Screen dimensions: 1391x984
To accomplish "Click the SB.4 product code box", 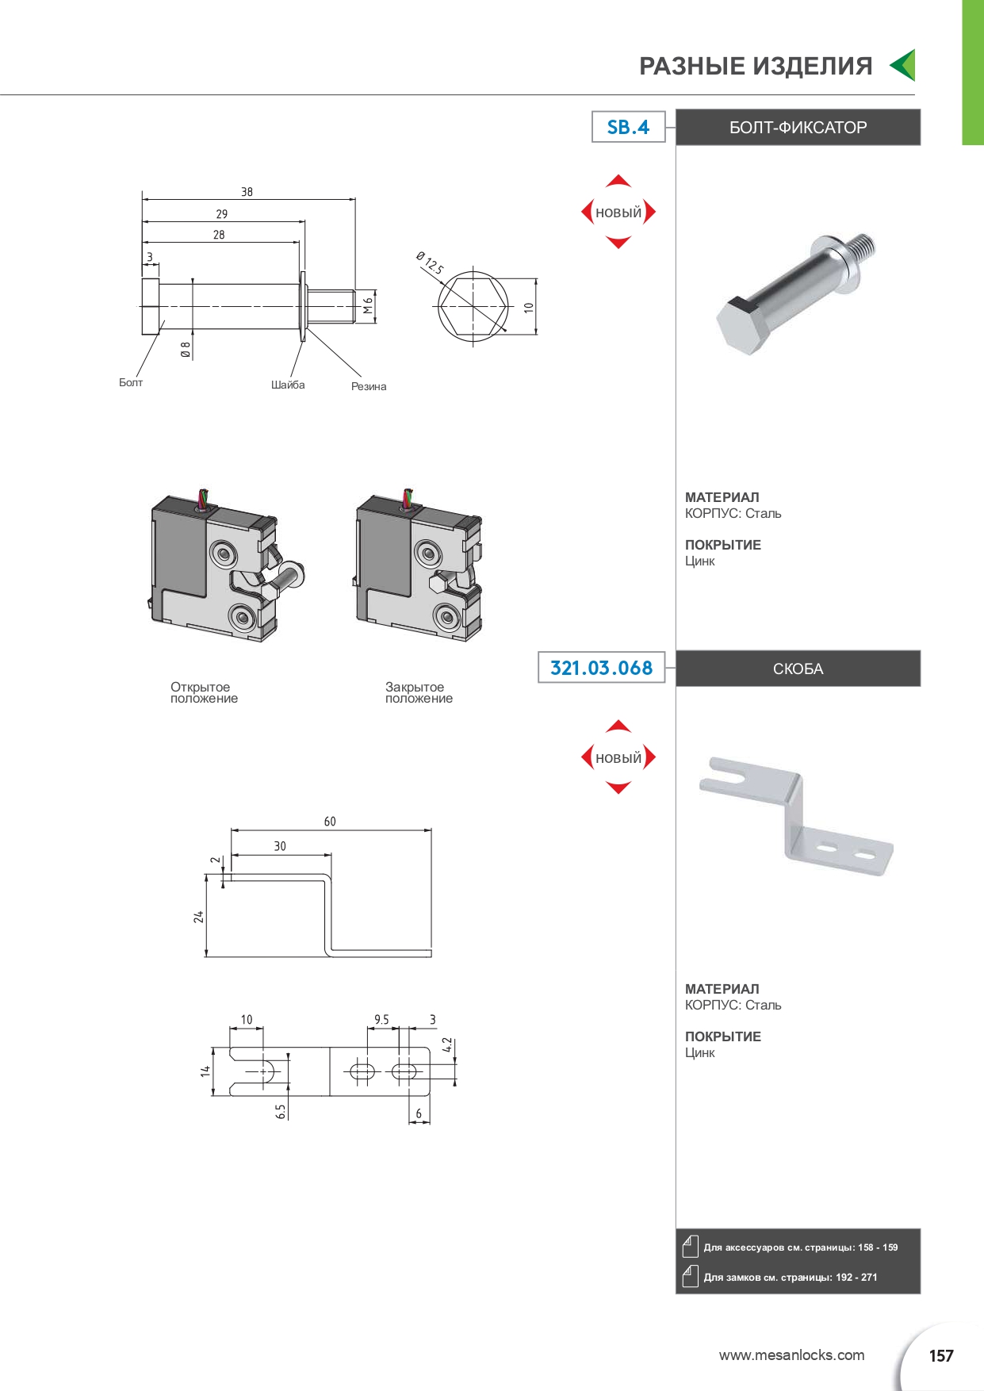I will [628, 127].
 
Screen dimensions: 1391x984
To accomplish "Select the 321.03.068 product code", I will [601, 668].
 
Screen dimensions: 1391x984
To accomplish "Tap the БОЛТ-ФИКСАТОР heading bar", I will [798, 128].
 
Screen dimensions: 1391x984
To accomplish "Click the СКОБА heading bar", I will [798, 669].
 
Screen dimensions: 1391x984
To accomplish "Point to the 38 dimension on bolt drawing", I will [247, 192].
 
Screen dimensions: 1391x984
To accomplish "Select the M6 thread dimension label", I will [368, 305].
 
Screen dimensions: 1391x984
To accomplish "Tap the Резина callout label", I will [369, 386].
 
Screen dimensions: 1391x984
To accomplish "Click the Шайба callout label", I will [288, 385].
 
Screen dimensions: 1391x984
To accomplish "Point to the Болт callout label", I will [131, 382].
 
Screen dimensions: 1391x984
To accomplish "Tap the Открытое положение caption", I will [204, 692].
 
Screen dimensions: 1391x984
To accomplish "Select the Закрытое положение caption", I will [419, 692].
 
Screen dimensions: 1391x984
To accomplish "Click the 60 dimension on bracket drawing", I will [330, 822].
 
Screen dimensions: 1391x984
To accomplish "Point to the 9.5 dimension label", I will [381, 1020].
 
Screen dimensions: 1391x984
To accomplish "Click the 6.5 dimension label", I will [281, 1111].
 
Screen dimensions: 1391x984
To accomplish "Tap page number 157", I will [940, 1356].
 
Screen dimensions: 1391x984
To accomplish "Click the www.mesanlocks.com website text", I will [791, 1355].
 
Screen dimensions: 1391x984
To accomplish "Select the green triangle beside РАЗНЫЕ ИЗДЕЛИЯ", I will [904, 65].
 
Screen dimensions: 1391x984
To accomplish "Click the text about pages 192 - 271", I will [790, 1278].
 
